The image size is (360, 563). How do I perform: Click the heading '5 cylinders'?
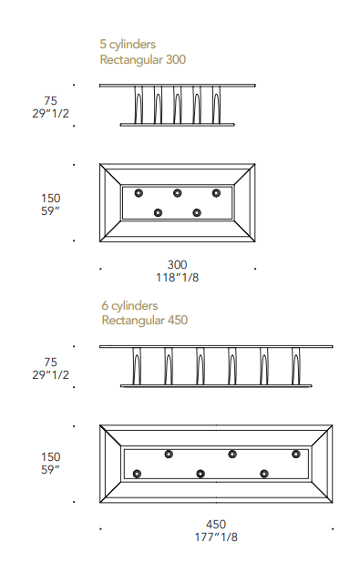point(128,44)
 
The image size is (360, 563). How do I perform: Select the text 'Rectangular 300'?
point(143,59)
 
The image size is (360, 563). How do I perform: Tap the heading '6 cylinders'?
point(129,305)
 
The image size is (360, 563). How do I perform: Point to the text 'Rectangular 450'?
point(144,321)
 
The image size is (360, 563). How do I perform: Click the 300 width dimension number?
point(177,265)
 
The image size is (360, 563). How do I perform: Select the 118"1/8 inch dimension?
point(177,278)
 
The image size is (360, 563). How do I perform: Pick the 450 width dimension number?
point(216,525)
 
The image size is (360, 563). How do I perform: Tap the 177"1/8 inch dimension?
point(216,537)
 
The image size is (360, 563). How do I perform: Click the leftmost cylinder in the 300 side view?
point(139,105)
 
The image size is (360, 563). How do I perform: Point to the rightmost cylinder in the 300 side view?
point(216,105)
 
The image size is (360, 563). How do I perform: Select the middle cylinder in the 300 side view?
point(178,105)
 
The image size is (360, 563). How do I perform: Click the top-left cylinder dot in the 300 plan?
point(139,193)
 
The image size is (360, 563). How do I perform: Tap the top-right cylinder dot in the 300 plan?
point(216,193)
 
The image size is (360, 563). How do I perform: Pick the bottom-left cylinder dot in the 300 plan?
point(158,213)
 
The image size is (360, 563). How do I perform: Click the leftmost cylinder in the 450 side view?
point(137,366)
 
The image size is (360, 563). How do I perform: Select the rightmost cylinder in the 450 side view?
point(296,366)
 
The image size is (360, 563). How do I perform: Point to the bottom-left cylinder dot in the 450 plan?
point(137,474)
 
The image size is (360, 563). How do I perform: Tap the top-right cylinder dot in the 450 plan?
point(296,455)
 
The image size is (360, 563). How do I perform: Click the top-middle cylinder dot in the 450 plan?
point(232,455)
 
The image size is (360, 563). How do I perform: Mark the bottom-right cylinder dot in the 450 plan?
point(264,474)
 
